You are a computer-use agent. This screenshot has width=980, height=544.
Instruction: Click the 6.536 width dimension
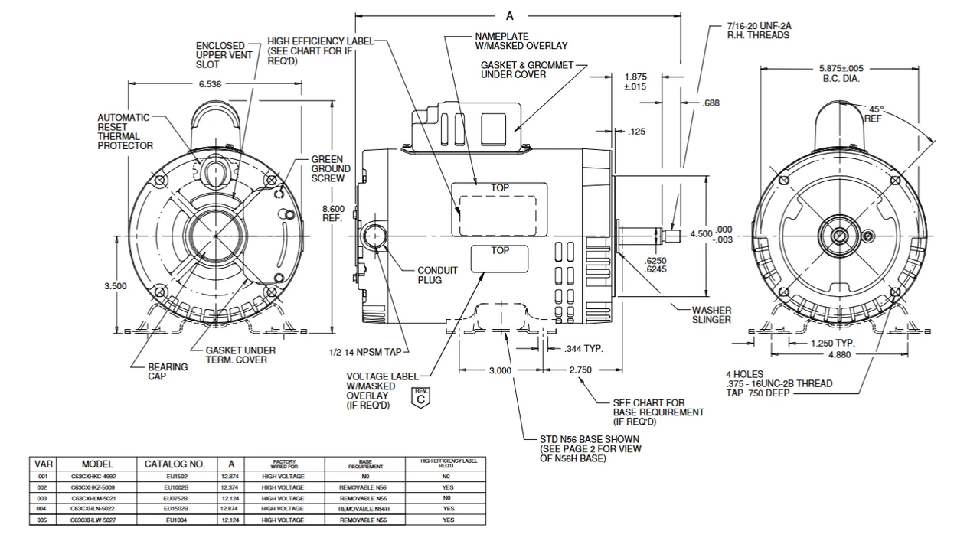point(211,84)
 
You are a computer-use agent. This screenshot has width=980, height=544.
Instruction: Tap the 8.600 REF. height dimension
point(333,213)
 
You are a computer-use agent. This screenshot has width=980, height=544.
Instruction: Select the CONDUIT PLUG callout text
point(438,275)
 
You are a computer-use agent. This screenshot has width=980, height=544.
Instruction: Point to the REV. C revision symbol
point(420,396)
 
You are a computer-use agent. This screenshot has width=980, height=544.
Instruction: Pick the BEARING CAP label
point(168,372)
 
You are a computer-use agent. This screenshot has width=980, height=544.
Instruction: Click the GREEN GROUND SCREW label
point(331,168)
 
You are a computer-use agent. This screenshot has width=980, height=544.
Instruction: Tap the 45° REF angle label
point(874,114)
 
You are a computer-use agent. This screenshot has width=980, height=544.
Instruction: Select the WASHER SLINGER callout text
point(711,314)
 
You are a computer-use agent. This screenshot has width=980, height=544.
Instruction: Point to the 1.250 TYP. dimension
point(833,344)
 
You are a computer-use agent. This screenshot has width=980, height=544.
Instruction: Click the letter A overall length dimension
point(510,15)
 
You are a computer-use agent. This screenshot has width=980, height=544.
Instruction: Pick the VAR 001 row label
point(42,476)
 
